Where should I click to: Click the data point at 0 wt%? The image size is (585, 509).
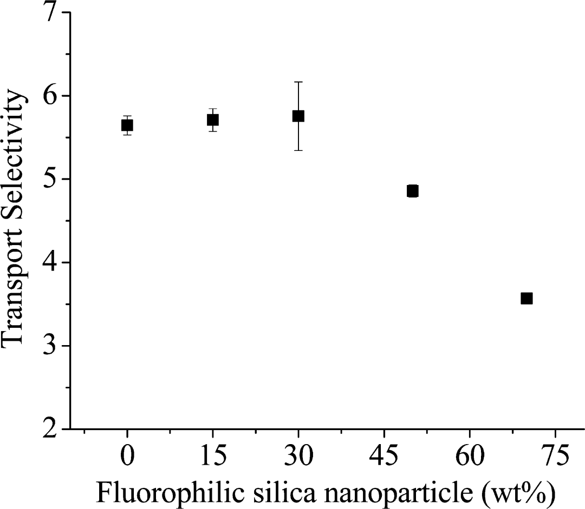tap(127, 125)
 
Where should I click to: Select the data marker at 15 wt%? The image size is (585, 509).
tap(212, 120)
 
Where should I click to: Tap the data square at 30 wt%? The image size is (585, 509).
tap(298, 116)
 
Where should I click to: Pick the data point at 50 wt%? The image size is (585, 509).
tap(412, 191)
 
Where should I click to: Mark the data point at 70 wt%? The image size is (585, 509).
tap(526, 298)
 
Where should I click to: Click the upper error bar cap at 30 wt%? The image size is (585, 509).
tap(298, 82)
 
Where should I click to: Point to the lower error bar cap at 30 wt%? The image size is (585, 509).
tap(298, 150)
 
